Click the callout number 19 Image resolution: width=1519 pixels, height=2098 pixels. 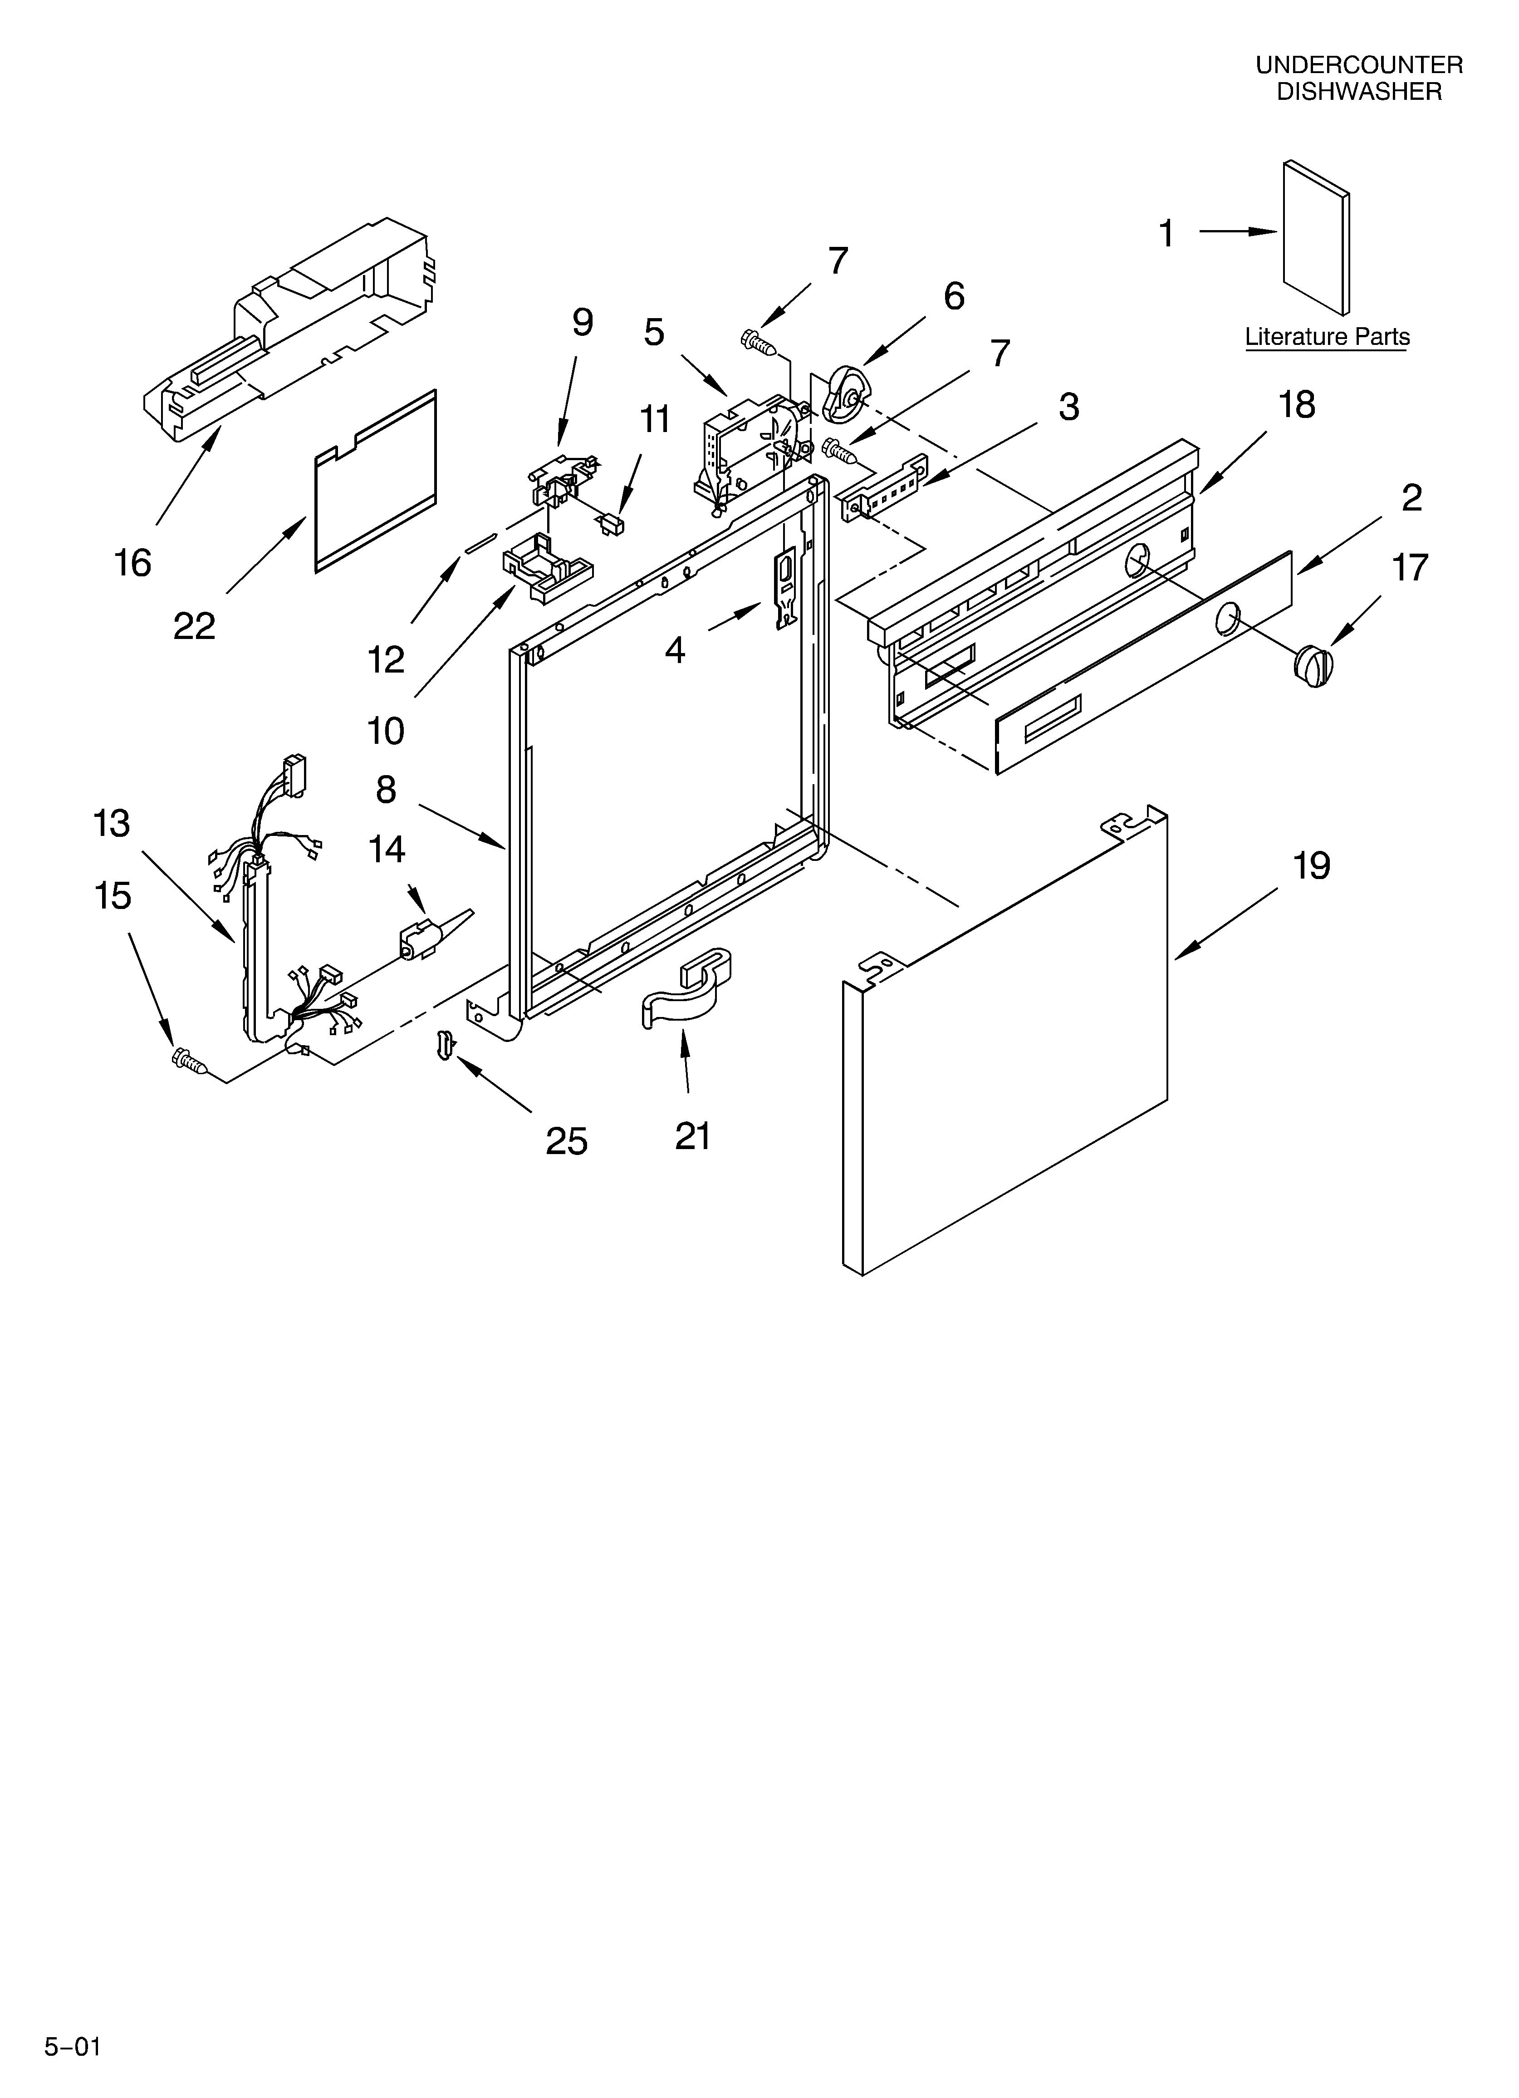coord(1311,867)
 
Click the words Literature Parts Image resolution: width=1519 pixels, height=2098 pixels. coord(1327,337)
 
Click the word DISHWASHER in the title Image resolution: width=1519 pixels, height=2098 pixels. coord(1359,92)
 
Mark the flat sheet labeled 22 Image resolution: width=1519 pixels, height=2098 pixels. coord(375,481)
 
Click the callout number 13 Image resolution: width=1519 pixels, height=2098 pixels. coord(112,823)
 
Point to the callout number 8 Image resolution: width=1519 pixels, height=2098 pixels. coord(386,789)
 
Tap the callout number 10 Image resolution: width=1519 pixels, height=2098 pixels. coord(386,731)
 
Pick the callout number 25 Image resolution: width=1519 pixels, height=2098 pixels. coord(566,1141)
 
